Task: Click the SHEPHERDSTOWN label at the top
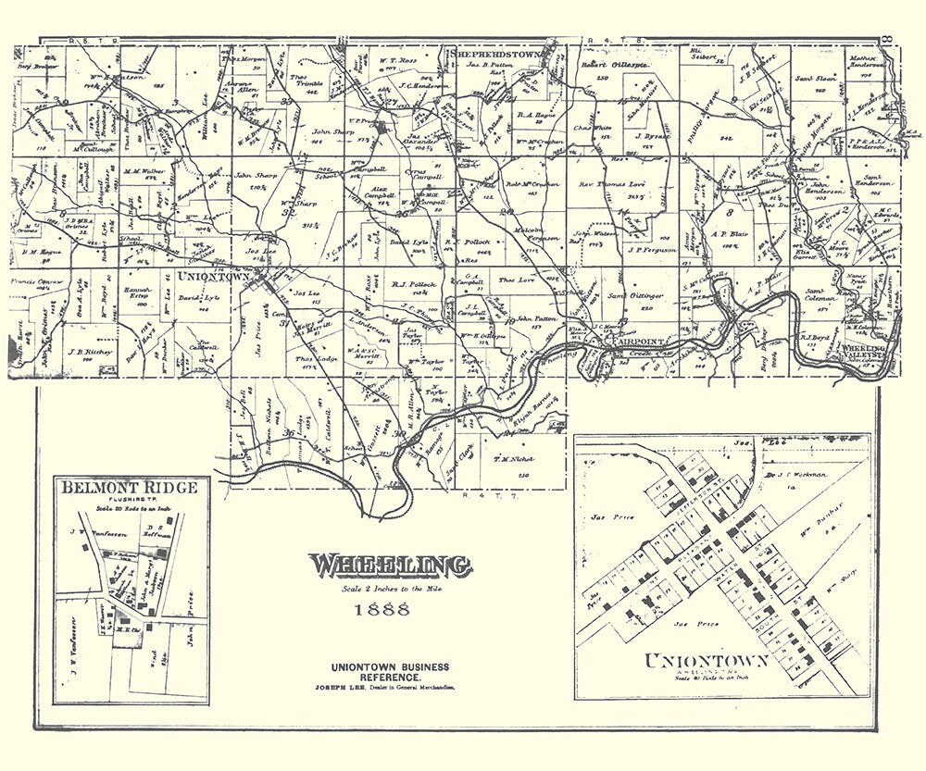pos(500,55)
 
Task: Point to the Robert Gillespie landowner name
pos(611,67)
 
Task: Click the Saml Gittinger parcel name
pos(630,294)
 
